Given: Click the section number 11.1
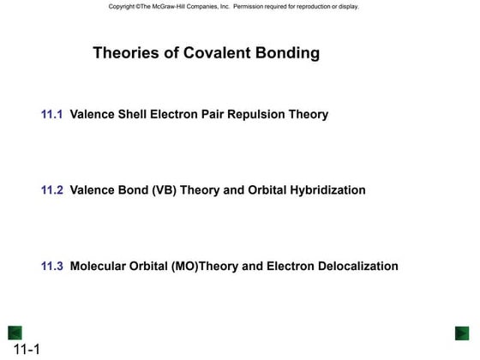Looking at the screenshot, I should (x=52, y=114).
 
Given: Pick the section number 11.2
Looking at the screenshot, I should (x=52, y=190).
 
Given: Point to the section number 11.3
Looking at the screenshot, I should (x=52, y=267).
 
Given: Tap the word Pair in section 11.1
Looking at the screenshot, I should (x=214, y=114).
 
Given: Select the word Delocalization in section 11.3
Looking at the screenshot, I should (x=355, y=267).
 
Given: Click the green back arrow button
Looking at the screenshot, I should (x=15, y=333).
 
